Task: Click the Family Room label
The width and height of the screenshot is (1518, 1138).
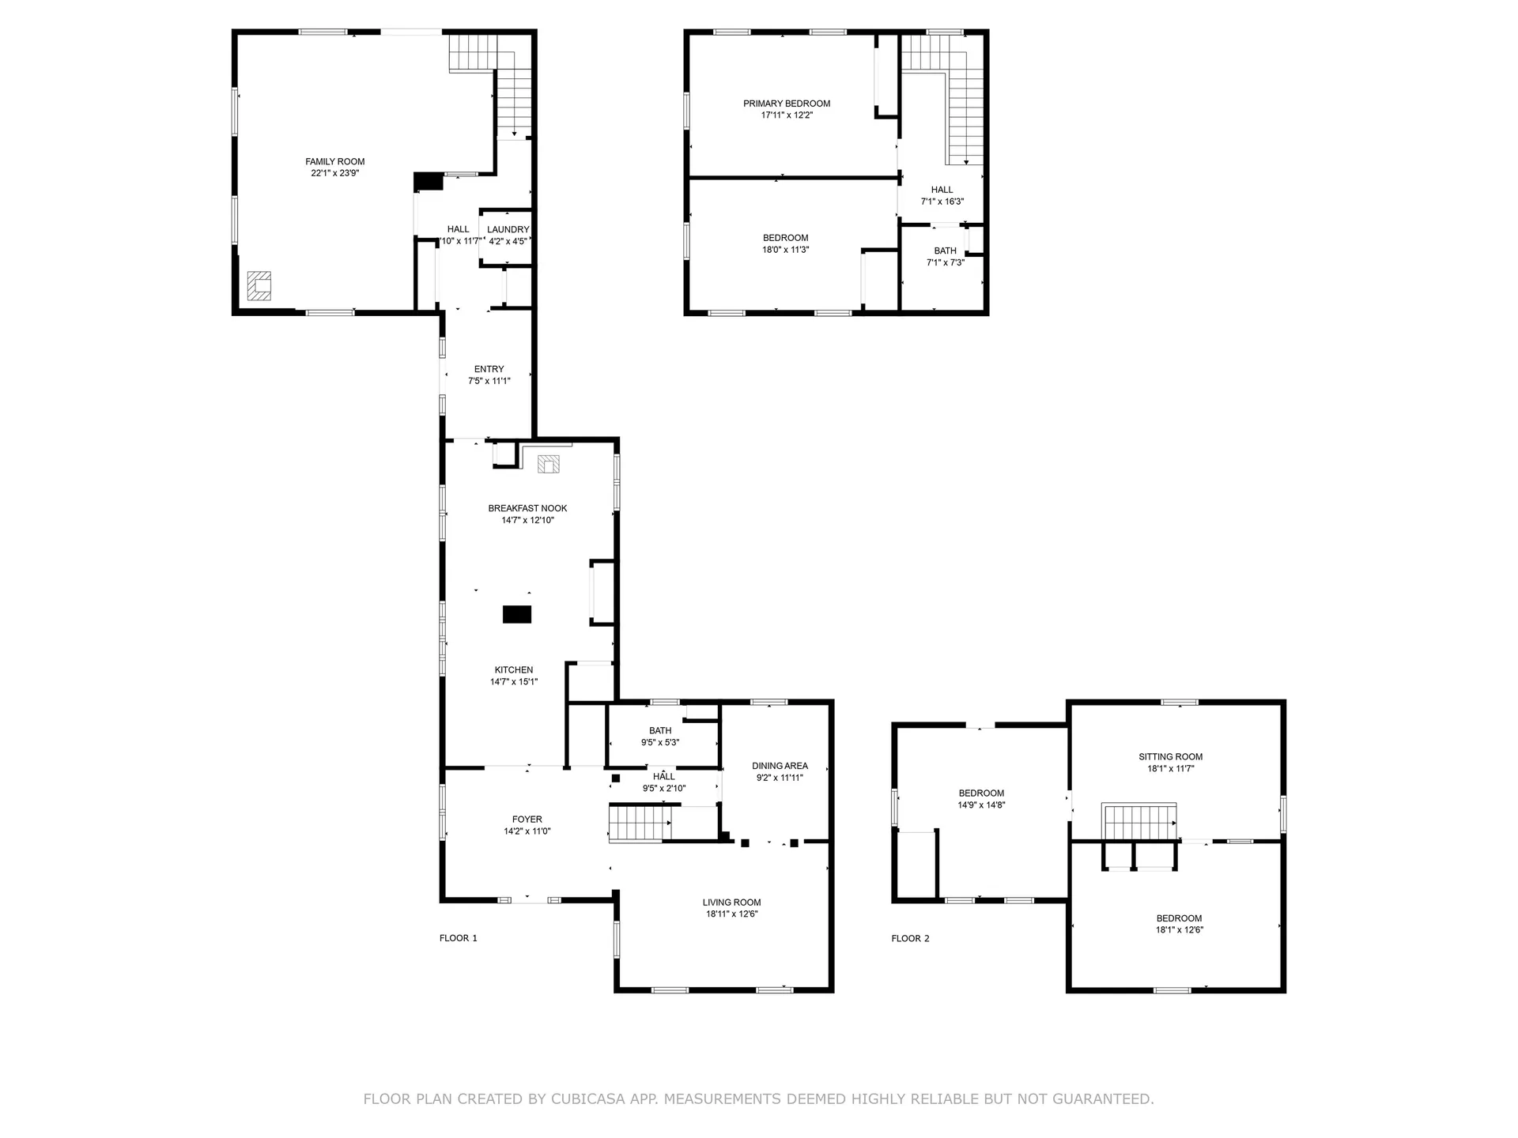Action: (335, 162)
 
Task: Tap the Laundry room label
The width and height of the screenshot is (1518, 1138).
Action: (508, 230)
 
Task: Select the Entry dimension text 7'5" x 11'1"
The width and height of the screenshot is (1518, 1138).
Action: (489, 381)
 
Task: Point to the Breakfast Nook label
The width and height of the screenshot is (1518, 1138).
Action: (527, 509)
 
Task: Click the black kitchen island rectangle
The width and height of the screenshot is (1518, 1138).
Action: (517, 614)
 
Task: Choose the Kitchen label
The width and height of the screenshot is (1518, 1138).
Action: (514, 670)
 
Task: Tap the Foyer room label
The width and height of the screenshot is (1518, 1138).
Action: (527, 820)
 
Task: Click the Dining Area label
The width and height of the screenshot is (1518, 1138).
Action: (780, 766)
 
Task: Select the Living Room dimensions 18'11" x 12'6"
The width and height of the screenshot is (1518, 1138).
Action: (732, 914)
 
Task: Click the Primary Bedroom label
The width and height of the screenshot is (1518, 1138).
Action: (787, 104)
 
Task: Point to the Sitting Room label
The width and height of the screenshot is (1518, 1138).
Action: (1171, 757)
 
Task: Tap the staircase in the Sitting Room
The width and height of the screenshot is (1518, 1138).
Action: (1140, 822)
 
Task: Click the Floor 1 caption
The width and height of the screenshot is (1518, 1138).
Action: (459, 939)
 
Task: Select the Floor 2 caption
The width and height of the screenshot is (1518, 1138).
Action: (910, 939)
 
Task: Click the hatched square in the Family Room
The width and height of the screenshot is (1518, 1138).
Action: (259, 285)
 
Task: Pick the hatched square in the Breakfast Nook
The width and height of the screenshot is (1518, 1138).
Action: (549, 464)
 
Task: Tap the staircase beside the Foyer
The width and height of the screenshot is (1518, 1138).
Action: (640, 823)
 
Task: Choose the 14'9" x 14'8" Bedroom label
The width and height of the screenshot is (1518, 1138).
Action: (982, 800)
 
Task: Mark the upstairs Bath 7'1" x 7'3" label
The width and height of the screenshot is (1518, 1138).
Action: (946, 257)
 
